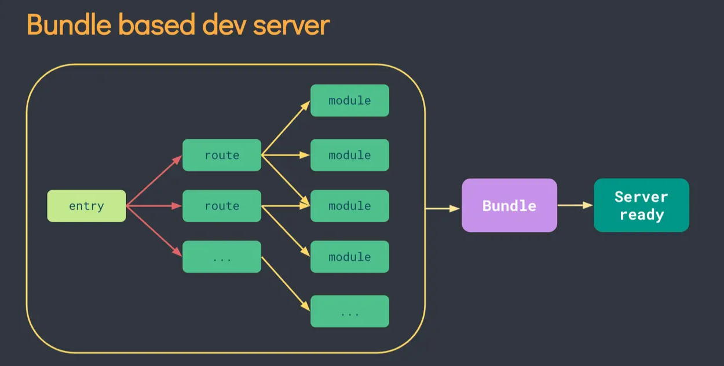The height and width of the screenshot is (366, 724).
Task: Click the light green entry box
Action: click(86, 206)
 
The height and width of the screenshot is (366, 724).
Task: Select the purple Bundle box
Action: click(509, 205)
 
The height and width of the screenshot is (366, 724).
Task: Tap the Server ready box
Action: click(641, 205)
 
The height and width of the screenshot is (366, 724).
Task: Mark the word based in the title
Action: click(149, 25)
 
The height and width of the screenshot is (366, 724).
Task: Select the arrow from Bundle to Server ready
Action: click(575, 205)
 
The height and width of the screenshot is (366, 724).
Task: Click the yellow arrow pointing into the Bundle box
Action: click(443, 208)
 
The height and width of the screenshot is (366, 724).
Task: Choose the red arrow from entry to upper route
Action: click(154, 180)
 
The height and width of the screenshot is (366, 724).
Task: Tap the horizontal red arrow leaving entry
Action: click(154, 206)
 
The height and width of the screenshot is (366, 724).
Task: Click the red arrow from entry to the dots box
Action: click(154, 231)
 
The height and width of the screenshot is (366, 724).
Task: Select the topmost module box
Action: click(349, 101)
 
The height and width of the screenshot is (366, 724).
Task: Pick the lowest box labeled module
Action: click(349, 257)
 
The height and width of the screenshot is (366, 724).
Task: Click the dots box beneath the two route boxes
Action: click(222, 257)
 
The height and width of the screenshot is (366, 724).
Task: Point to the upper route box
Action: click(222, 155)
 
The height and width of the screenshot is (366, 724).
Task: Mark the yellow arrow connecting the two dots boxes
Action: click(286, 284)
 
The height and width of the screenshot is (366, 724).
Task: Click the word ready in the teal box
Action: click(641, 215)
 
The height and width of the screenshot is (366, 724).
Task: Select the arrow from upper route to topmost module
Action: click(286, 128)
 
